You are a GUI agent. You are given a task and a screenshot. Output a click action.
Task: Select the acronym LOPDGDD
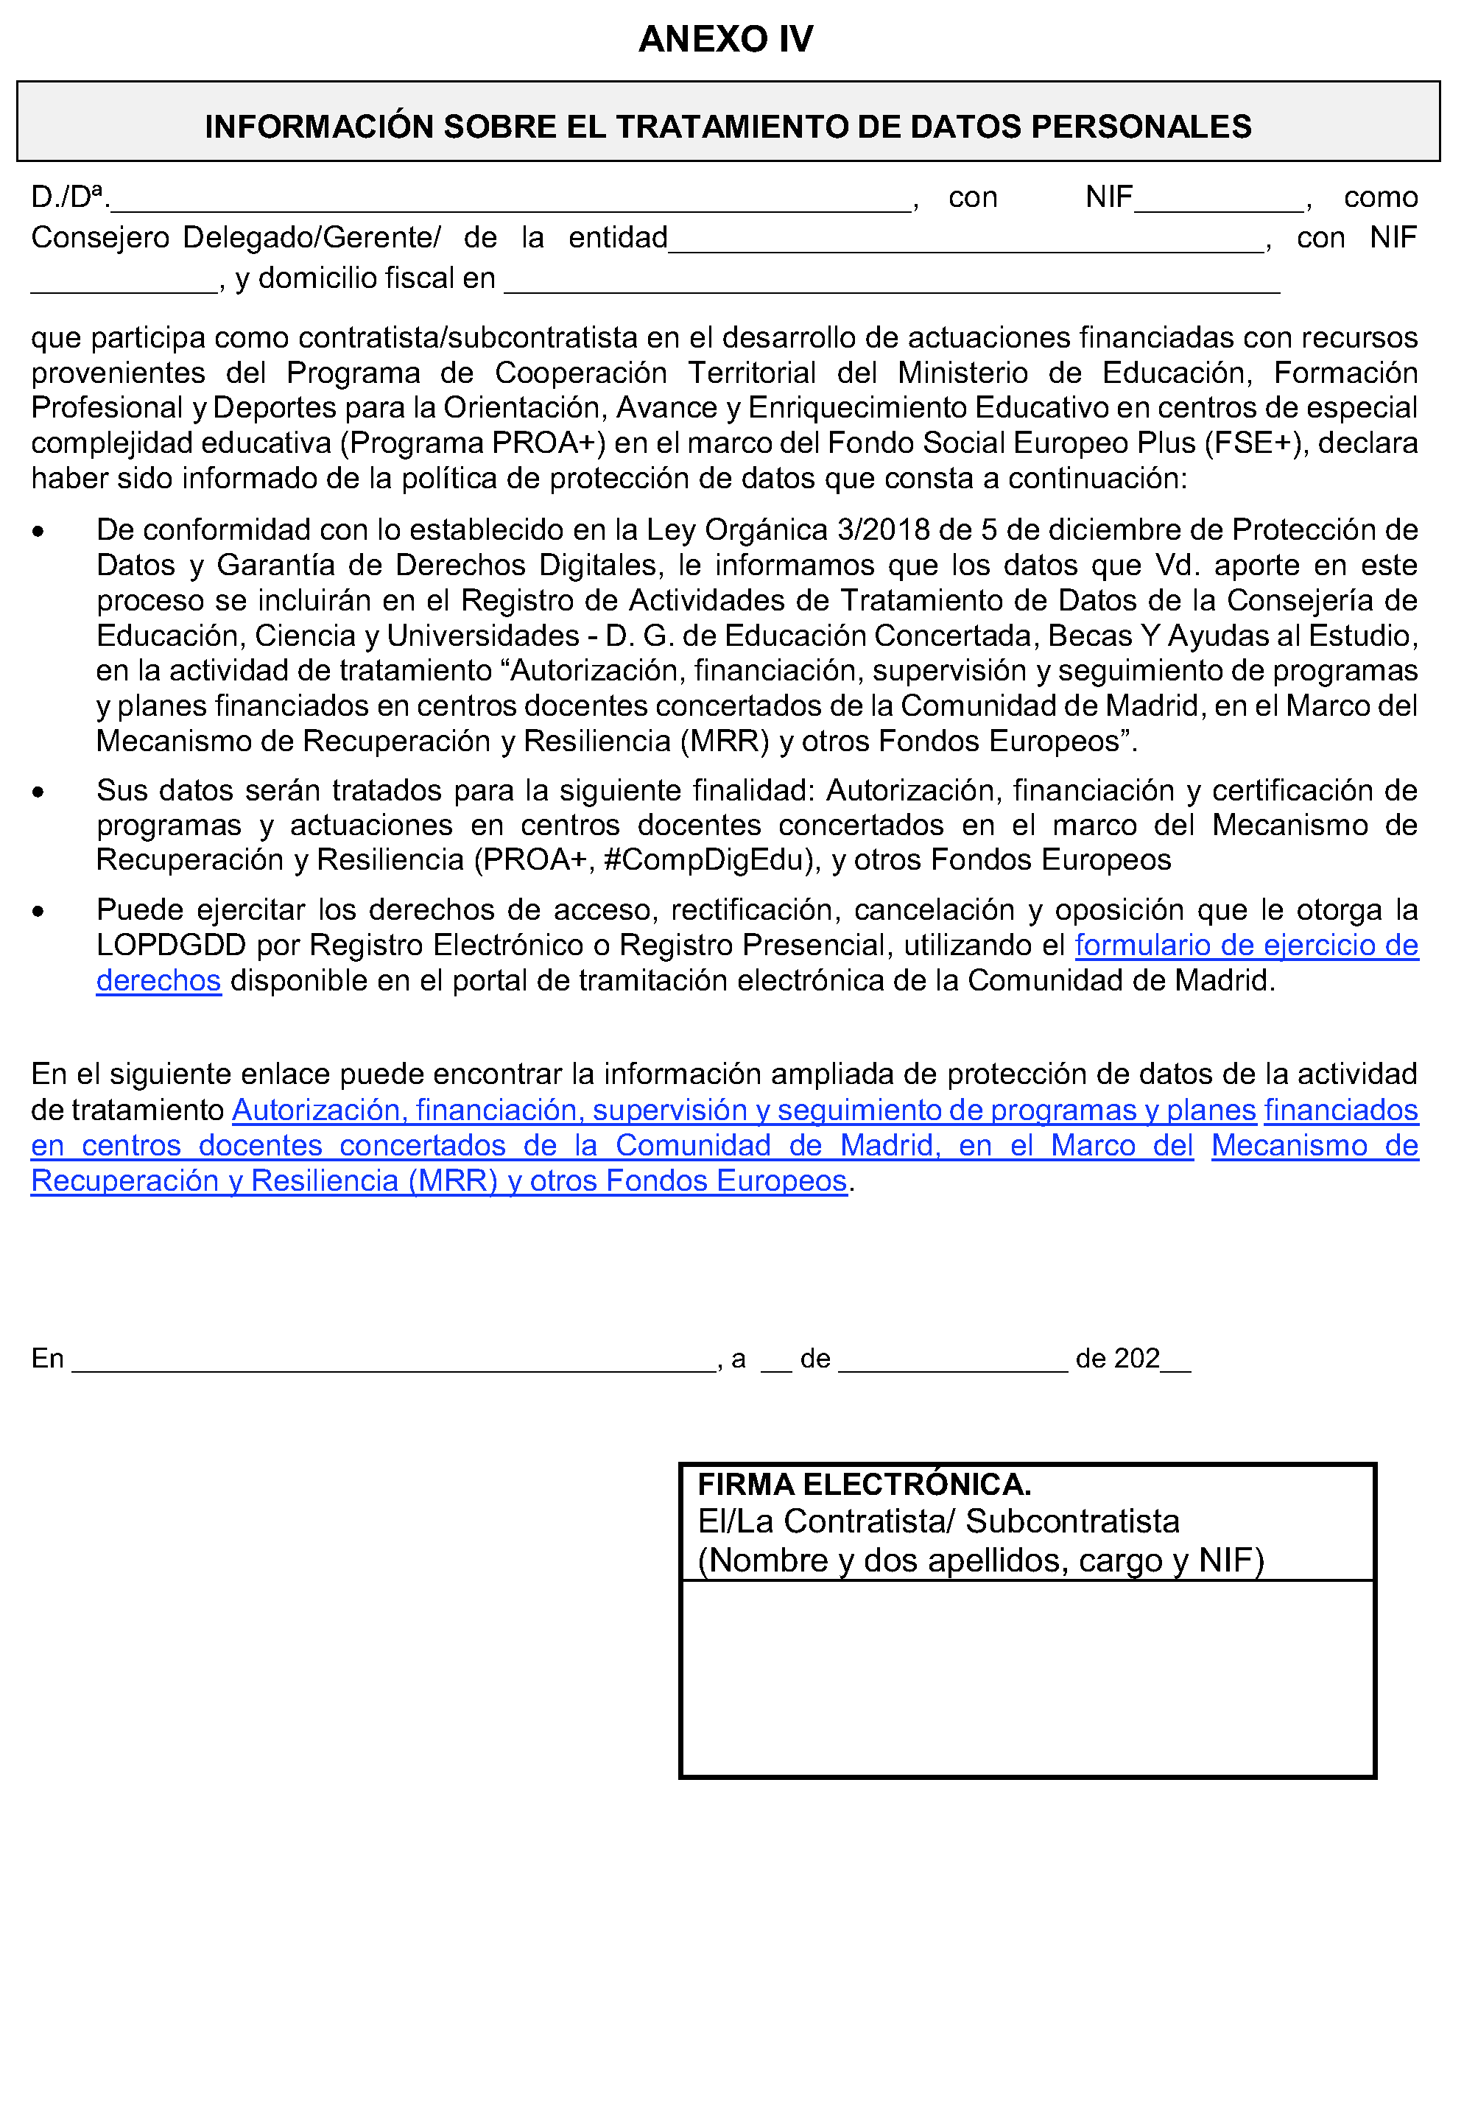[172, 946]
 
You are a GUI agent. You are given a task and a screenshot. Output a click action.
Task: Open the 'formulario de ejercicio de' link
[1246, 946]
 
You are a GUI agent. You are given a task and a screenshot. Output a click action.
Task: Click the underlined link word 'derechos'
[158, 982]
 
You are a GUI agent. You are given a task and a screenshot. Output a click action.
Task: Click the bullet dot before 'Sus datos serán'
[38, 792]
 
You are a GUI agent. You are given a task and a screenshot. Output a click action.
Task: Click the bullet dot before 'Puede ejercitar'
[38, 911]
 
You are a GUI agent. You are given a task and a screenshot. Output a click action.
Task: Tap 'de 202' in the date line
[1117, 1359]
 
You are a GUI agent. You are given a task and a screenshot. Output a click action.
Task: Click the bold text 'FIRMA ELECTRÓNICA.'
[864, 1484]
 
